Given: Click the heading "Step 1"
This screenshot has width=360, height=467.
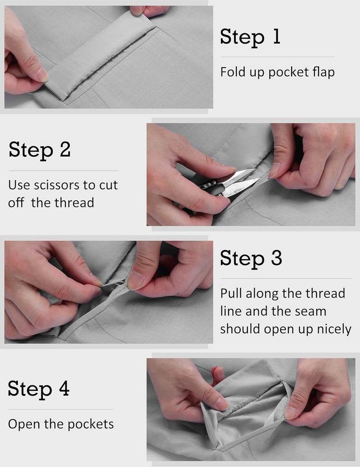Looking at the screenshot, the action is [x=250, y=37].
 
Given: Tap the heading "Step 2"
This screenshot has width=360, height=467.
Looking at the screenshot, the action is [x=40, y=150].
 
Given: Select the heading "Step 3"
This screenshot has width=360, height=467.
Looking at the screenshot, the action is [x=251, y=258].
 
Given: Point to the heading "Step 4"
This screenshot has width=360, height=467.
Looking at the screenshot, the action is [x=39, y=389].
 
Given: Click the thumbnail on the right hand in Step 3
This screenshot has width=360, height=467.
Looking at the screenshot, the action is [x=135, y=280].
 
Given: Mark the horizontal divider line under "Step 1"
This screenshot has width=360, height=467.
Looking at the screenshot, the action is [x=277, y=57].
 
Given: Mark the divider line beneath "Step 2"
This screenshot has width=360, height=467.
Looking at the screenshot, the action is [x=63, y=171].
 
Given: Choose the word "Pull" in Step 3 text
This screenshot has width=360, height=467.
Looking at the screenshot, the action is [x=231, y=293].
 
